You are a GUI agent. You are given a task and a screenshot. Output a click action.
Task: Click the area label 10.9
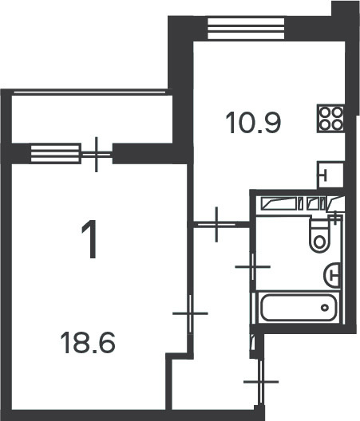(253, 123)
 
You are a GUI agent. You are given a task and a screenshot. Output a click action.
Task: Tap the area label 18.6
(88, 342)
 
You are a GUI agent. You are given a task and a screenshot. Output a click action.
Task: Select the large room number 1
(89, 239)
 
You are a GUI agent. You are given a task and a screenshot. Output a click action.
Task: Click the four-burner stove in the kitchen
(331, 118)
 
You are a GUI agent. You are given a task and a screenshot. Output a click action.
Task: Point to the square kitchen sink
(330, 175)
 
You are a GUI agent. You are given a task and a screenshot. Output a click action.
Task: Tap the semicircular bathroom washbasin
(332, 275)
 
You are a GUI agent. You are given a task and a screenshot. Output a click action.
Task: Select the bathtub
(299, 308)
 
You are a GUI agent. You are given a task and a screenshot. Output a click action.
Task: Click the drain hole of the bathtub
(325, 308)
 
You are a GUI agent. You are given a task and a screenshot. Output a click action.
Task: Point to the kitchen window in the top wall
(246, 29)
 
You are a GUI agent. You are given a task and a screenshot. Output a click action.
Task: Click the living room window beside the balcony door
(56, 153)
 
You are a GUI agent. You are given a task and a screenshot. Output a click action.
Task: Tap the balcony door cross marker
(97, 155)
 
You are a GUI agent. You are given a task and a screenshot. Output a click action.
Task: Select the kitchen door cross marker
(216, 223)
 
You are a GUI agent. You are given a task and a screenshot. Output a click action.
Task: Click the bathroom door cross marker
(253, 266)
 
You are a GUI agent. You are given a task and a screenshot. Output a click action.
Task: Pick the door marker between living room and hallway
(190, 313)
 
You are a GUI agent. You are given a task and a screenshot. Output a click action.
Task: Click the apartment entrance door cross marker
(261, 381)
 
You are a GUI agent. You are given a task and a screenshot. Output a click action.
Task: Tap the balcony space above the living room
(92, 119)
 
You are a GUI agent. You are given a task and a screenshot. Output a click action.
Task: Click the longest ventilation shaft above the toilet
(279, 203)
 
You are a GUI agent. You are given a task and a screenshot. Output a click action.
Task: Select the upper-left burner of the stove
(326, 112)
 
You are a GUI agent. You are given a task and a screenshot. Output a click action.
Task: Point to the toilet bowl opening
(319, 242)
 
